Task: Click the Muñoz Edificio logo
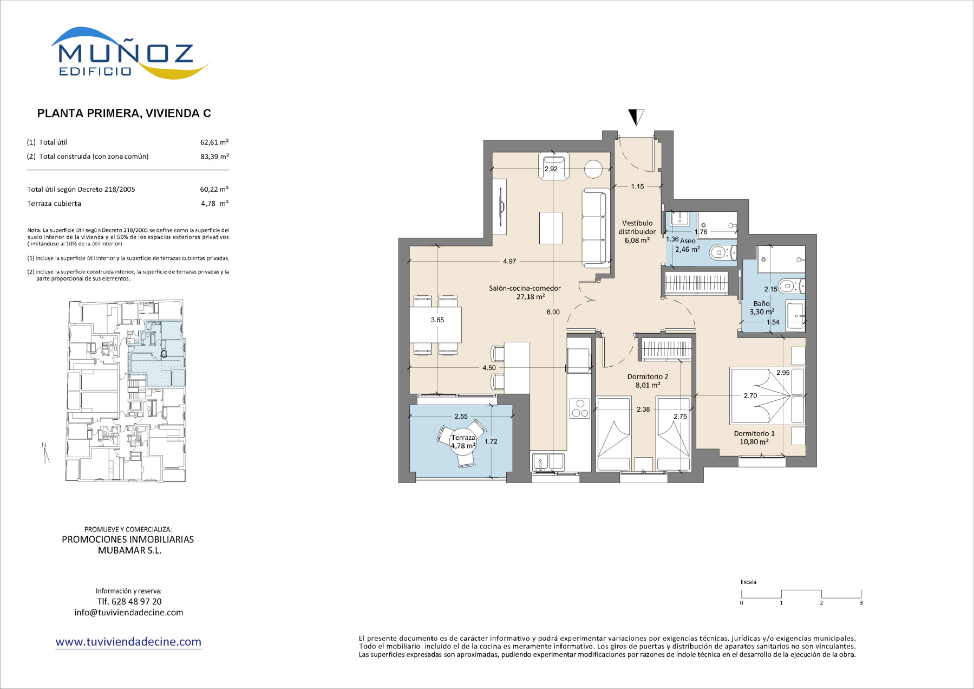click(x=129, y=53)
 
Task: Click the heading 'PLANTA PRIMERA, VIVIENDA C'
click(x=124, y=113)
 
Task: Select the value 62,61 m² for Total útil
click(x=214, y=142)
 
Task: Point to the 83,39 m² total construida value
click(x=214, y=156)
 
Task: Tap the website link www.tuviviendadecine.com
click(x=128, y=642)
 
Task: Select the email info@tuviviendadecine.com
click(x=129, y=613)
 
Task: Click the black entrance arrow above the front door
click(x=636, y=116)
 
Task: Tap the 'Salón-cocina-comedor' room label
click(x=525, y=288)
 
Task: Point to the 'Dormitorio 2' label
click(x=648, y=376)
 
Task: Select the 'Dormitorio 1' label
click(x=754, y=433)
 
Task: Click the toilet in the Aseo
click(x=722, y=252)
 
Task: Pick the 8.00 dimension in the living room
click(x=553, y=312)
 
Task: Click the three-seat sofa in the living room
click(x=596, y=228)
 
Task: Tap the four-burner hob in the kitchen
click(x=580, y=408)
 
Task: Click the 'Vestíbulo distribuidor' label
click(x=637, y=227)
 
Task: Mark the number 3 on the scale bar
click(x=861, y=603)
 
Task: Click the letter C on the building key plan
click(x=164, y=354)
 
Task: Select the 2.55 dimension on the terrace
click(x=461, y=417)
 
